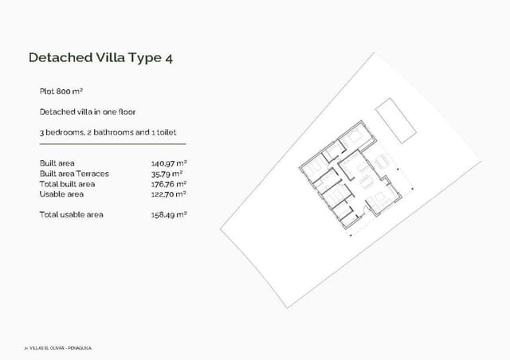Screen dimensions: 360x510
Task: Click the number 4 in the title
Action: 168,58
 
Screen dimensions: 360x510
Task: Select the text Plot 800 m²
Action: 61,92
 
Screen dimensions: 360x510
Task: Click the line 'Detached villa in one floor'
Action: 82,112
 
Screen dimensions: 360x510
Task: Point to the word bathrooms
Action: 104,132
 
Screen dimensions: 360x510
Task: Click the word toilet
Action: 173,132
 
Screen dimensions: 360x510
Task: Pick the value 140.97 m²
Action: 168,163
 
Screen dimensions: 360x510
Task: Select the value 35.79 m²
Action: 167,174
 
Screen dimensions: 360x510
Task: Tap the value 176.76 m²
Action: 168,184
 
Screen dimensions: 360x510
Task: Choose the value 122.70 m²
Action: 168,194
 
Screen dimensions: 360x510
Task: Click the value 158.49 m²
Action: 168,214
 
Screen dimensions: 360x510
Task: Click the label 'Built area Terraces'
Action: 74,174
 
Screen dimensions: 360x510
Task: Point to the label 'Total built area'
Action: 68,184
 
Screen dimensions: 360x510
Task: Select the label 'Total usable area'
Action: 71,214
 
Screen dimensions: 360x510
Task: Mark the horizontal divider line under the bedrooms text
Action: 112,144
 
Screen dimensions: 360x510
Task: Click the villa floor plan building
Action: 351,183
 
